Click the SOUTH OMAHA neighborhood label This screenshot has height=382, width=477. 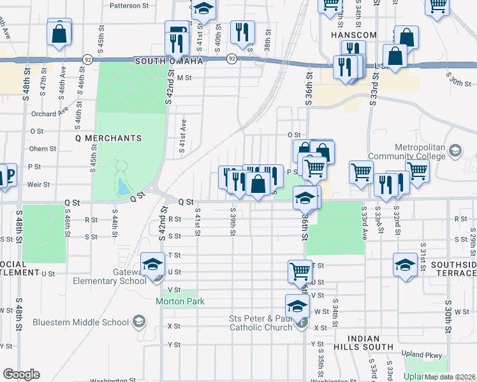(x=168, y=60)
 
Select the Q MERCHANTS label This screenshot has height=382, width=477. (x=108, y=138)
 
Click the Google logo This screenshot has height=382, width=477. (x=22, y=374)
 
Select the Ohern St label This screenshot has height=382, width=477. (x=43, y=149)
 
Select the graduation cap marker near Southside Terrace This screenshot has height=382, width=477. (x=405, y=264)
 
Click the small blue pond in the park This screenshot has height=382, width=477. (x=122, y=186)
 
